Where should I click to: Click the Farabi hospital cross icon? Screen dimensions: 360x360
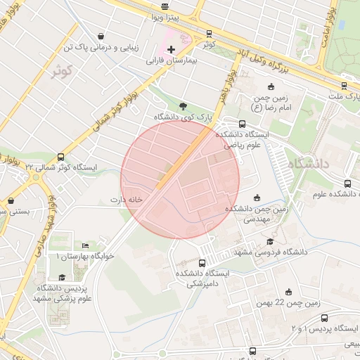pos(171,49)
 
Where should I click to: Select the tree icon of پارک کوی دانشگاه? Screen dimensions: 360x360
pos(183,105)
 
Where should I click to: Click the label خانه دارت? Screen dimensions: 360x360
pos(126,200)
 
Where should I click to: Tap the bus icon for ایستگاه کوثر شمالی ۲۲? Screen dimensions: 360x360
pos(60,157)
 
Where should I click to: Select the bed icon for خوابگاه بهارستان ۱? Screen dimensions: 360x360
pos(85,245)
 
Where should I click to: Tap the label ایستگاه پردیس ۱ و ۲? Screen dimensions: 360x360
pos(325,328)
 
